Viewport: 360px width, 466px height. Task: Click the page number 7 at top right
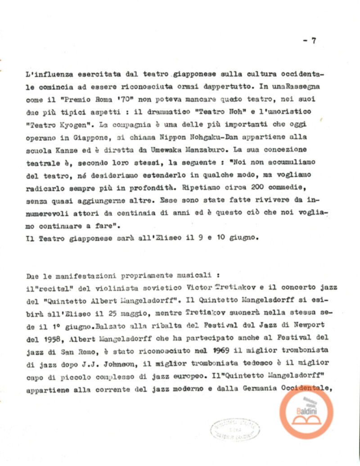(x=313, y=41)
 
